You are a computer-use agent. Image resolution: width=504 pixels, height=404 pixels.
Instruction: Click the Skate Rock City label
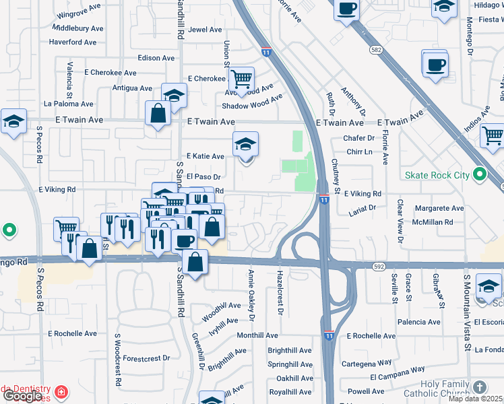[x=437, y=176]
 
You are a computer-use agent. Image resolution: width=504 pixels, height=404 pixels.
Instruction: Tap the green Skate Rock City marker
[x=479, y=175]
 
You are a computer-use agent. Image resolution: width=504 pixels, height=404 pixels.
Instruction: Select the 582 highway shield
[x=377, y=50]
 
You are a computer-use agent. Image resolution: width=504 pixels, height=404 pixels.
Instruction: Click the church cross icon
[x=479, y=387]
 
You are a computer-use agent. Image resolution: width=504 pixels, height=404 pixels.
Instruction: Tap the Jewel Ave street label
[x=205, y=30]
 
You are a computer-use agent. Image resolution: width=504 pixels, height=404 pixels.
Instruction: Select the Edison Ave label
[x=156, y=58]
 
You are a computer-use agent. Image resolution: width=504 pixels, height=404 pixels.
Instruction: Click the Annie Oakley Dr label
[x=251, y=294]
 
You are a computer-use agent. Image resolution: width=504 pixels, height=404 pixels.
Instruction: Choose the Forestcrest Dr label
[x=148, y=358]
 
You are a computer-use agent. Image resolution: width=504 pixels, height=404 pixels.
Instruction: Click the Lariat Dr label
[x=361, y=209]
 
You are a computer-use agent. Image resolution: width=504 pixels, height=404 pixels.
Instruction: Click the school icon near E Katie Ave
[x=246, y=143]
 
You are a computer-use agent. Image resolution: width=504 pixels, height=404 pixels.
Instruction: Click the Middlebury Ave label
[x=77, y=29]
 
